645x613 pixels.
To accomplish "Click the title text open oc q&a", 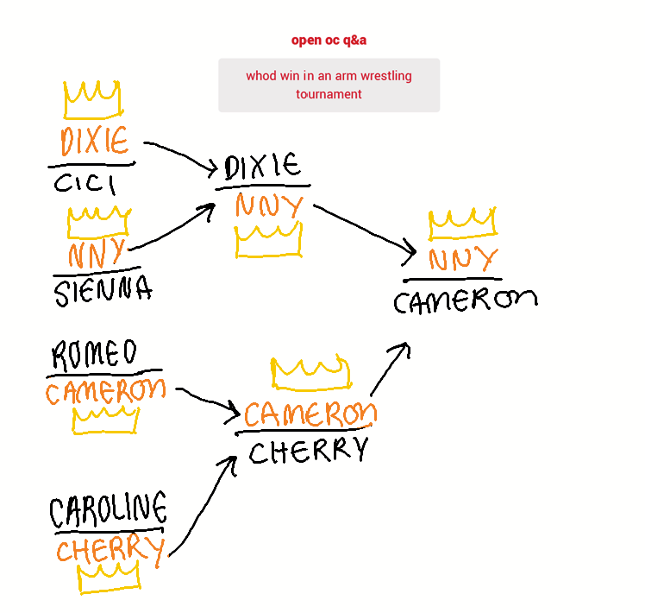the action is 329,41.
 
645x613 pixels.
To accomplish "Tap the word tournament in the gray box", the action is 329,94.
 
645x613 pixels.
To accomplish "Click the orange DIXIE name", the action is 95,141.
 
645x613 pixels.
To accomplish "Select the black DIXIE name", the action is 262,167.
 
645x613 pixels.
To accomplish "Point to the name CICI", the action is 85,183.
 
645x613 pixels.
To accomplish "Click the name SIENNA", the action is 103,291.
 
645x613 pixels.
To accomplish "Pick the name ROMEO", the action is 94,354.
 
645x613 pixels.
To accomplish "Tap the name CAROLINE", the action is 108,509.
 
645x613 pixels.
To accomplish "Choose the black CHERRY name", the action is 309,450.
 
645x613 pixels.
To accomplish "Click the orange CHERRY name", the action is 110,550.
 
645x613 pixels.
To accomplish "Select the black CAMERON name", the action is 466,301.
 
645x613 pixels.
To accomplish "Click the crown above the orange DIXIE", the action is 93,117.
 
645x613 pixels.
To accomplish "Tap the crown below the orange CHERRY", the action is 109,590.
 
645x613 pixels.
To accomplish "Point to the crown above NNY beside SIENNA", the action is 98,236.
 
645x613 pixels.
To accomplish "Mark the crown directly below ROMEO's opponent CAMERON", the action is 105,432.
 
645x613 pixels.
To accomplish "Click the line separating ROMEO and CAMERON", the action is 104,373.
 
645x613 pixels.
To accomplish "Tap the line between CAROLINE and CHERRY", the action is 109,531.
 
